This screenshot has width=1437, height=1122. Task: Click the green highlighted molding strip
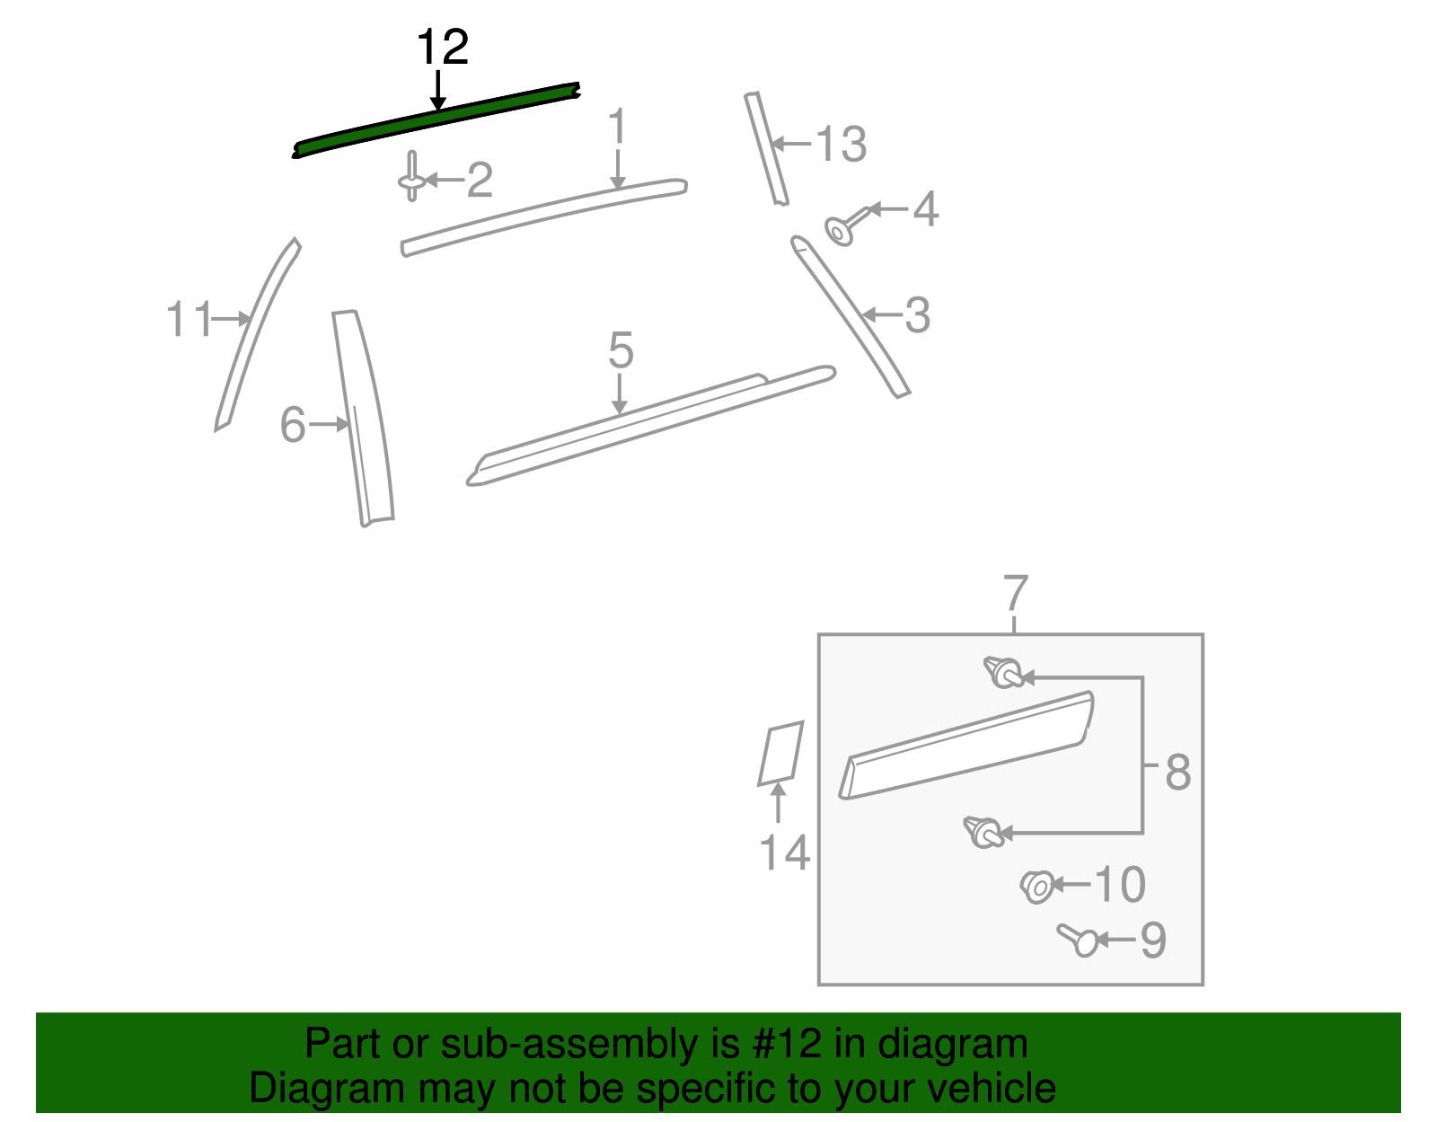(436, 119)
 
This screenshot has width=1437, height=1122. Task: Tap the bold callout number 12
(443, 47)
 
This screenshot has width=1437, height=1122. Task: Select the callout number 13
(842, 144)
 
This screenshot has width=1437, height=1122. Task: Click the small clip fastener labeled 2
(411, 177)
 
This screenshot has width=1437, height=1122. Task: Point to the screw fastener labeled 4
(847, 225)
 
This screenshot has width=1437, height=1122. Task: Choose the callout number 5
(621, 349)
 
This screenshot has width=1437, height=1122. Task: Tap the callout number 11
(189, 319)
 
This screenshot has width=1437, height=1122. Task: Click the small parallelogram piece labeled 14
(781, 753)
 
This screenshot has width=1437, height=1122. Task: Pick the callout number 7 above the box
(1016, 592)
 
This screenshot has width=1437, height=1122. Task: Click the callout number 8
(1177, 772)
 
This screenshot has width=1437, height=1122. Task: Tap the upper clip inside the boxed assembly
(1003, 673)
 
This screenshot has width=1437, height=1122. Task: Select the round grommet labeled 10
(1037, 887)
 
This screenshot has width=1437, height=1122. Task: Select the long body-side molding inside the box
(966, 745)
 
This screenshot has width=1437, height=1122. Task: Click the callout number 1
(617, 127)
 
